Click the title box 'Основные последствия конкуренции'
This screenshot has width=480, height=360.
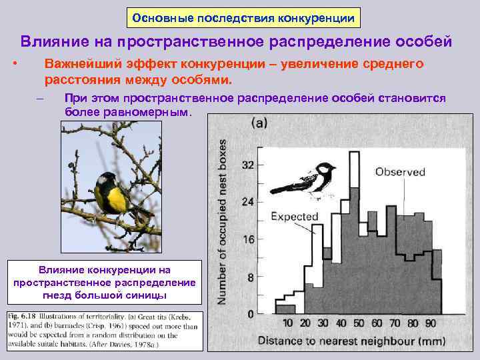pyautogui.click(x=243, y=17)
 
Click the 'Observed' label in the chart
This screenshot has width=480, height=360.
pyautogui.click(x=400, y=172)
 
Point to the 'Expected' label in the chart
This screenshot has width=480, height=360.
pyautogui.click(x=294, y=217)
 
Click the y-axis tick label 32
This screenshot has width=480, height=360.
pyautogui.click(x=247, y=165)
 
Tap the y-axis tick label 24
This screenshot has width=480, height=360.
pyautogui.click(x=247, y=202)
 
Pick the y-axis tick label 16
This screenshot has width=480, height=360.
pyautogui.click(x=247, y=240)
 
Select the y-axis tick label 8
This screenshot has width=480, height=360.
pyautogui.click(x=250, y=277)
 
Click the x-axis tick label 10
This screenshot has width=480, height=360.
pyautogui.click(x=287, y=324)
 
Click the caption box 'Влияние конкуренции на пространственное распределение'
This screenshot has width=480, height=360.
pyautogui.click(x=105, y=282)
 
